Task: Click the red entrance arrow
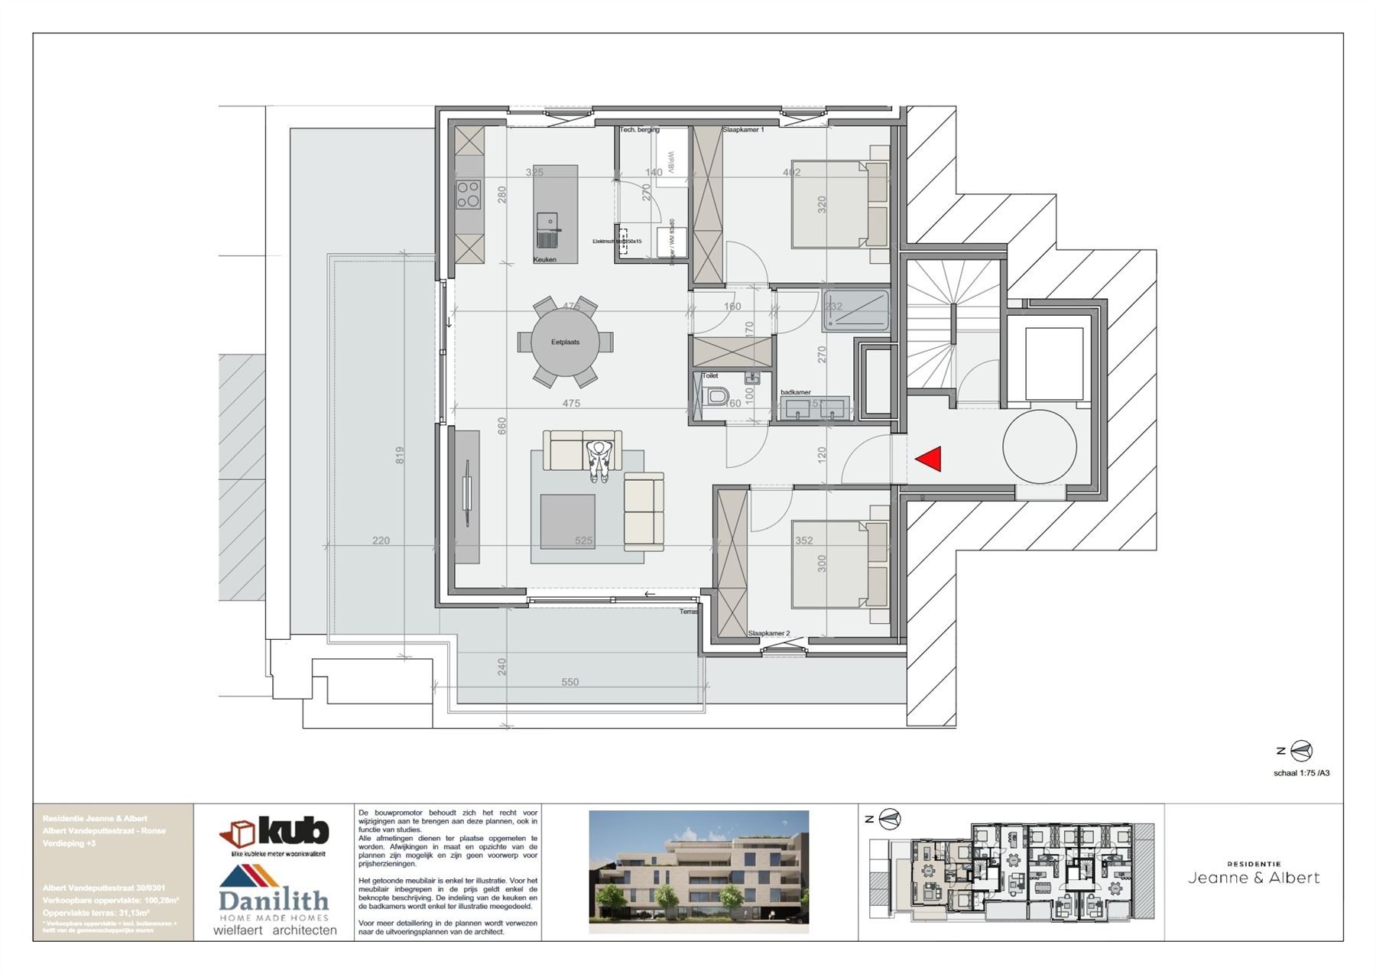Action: click(928, 459)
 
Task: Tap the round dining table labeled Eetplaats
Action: click(565, 342)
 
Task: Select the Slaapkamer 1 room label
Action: click(743, 131)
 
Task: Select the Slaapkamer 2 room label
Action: click(768, 634)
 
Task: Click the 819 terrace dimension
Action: click(399, 456)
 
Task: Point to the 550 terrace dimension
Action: click(570, 682)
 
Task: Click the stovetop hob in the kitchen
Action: click(469, 195)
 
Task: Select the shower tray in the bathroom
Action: click(856, 310)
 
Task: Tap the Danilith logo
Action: click(274, 893)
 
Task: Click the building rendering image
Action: click(698, 872)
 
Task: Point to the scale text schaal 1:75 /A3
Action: click(1301, 773)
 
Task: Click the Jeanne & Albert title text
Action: click(1254, 878)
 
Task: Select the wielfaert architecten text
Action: click(274, 930)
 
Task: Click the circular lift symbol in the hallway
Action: click(1040, 446)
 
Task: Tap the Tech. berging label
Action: click(639, 130)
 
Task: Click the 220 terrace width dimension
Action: click(381, 541)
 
